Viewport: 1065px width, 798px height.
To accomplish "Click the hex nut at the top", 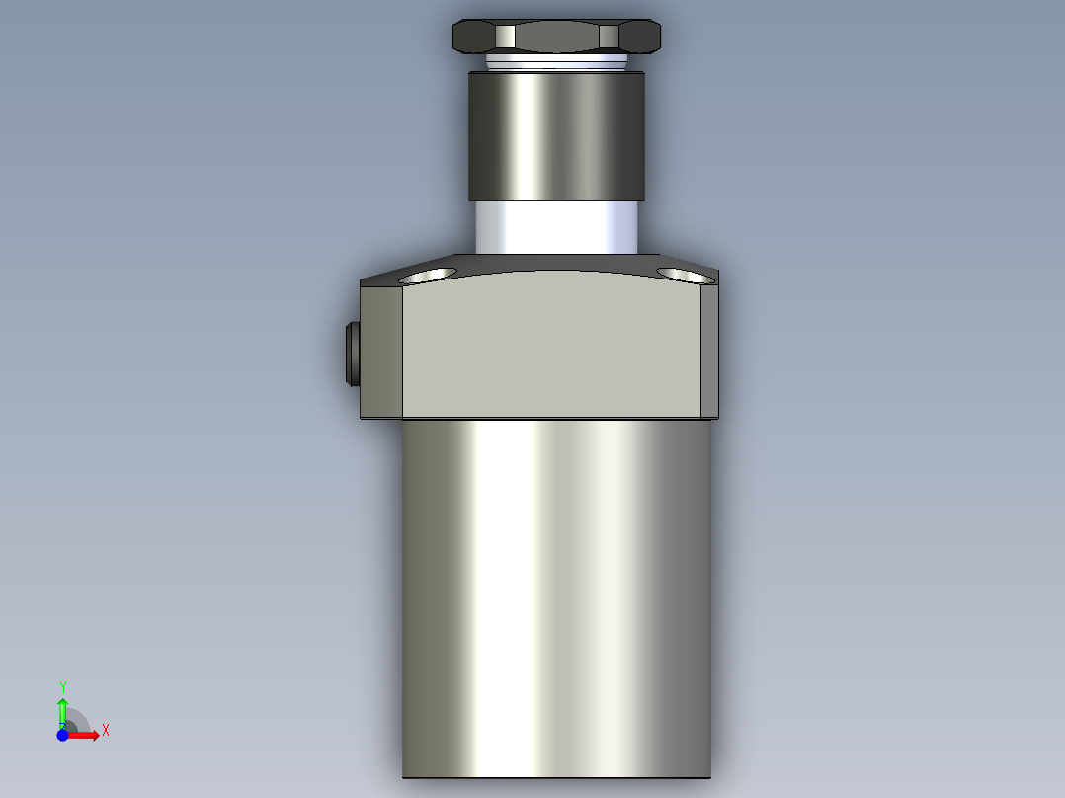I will pyautogui.click(x=556, y=37).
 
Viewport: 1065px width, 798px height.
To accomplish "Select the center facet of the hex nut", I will pyautogui.click(x=556, y=38).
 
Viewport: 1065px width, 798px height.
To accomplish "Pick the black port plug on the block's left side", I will pyautogui.click(x=351, y=354).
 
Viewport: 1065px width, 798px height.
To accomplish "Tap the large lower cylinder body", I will pyautogui.click(x=556, y=593).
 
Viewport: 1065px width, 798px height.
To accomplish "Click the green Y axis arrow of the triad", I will pyautogui.click(x=62, y=710).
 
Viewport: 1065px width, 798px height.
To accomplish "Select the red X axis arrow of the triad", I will pyautogui.click(x=85, y=735).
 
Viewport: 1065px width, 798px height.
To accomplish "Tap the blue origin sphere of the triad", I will pyautogui.click(x=62, y=735).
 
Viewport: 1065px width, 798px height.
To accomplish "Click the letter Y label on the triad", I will pyautogui.click(x=62, y=686).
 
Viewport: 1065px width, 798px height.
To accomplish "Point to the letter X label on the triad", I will pyautogui.click(x=105, y=731).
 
